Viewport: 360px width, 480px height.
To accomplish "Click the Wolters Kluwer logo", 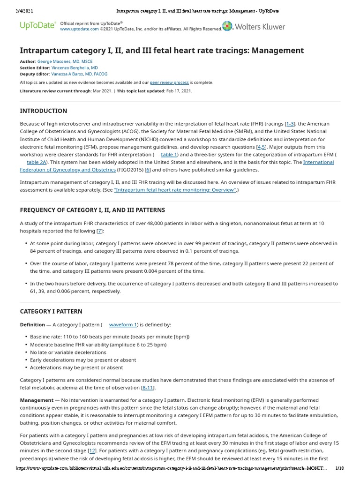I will point(254,26).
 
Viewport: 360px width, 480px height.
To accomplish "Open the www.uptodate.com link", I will point(79,29).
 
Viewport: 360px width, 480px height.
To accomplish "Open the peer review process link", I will point(169,82).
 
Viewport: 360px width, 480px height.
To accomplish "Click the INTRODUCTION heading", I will point(43,111).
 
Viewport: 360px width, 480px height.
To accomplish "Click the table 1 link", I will point(169,155).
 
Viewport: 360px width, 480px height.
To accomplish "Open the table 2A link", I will point(37,162).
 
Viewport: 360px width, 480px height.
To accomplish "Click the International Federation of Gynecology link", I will point(319,162).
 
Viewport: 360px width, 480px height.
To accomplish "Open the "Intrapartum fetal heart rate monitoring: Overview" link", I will point(175,190).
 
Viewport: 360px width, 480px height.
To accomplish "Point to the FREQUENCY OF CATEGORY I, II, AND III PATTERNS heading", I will point(92,210).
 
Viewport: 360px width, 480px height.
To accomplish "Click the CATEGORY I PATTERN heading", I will point(51,311).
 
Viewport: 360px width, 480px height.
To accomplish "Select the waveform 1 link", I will point(123,325).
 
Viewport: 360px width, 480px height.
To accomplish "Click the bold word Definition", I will point(32,325).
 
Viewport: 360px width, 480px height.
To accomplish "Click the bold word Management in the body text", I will point(37,400).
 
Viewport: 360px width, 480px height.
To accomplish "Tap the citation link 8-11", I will point(148,388).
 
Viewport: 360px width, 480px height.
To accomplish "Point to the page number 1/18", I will point(340,468).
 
